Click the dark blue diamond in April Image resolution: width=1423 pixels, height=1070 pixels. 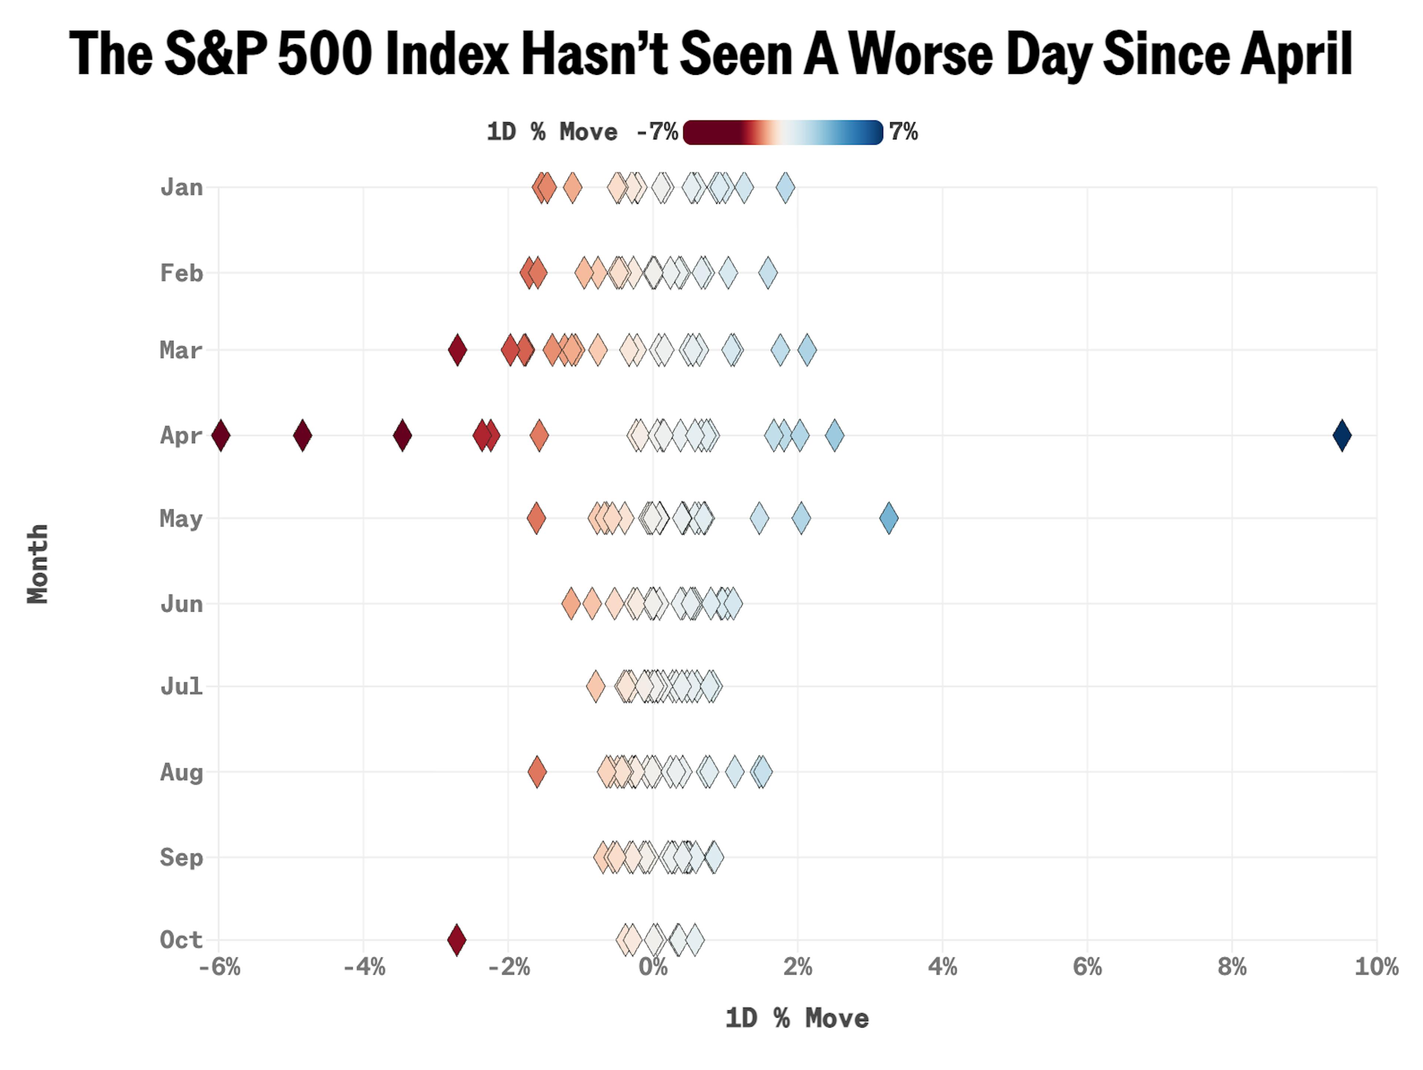1341,435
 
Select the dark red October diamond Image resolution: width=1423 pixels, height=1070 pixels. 457,940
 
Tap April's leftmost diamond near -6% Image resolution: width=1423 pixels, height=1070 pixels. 220,435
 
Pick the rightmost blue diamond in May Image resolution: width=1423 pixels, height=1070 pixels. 888,518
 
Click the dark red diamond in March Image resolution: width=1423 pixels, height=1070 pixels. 457,350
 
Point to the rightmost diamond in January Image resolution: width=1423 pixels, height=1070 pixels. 785,188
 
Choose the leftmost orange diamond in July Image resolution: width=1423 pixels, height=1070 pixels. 596,686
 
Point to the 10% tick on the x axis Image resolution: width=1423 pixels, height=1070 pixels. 1376,967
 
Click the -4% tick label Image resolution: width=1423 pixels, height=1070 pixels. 364,967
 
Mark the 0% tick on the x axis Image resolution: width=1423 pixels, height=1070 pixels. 653,967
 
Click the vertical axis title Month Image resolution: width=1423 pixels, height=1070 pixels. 38,564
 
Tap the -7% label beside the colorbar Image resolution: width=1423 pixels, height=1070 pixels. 656,132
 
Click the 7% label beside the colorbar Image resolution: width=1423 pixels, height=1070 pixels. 903,132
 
